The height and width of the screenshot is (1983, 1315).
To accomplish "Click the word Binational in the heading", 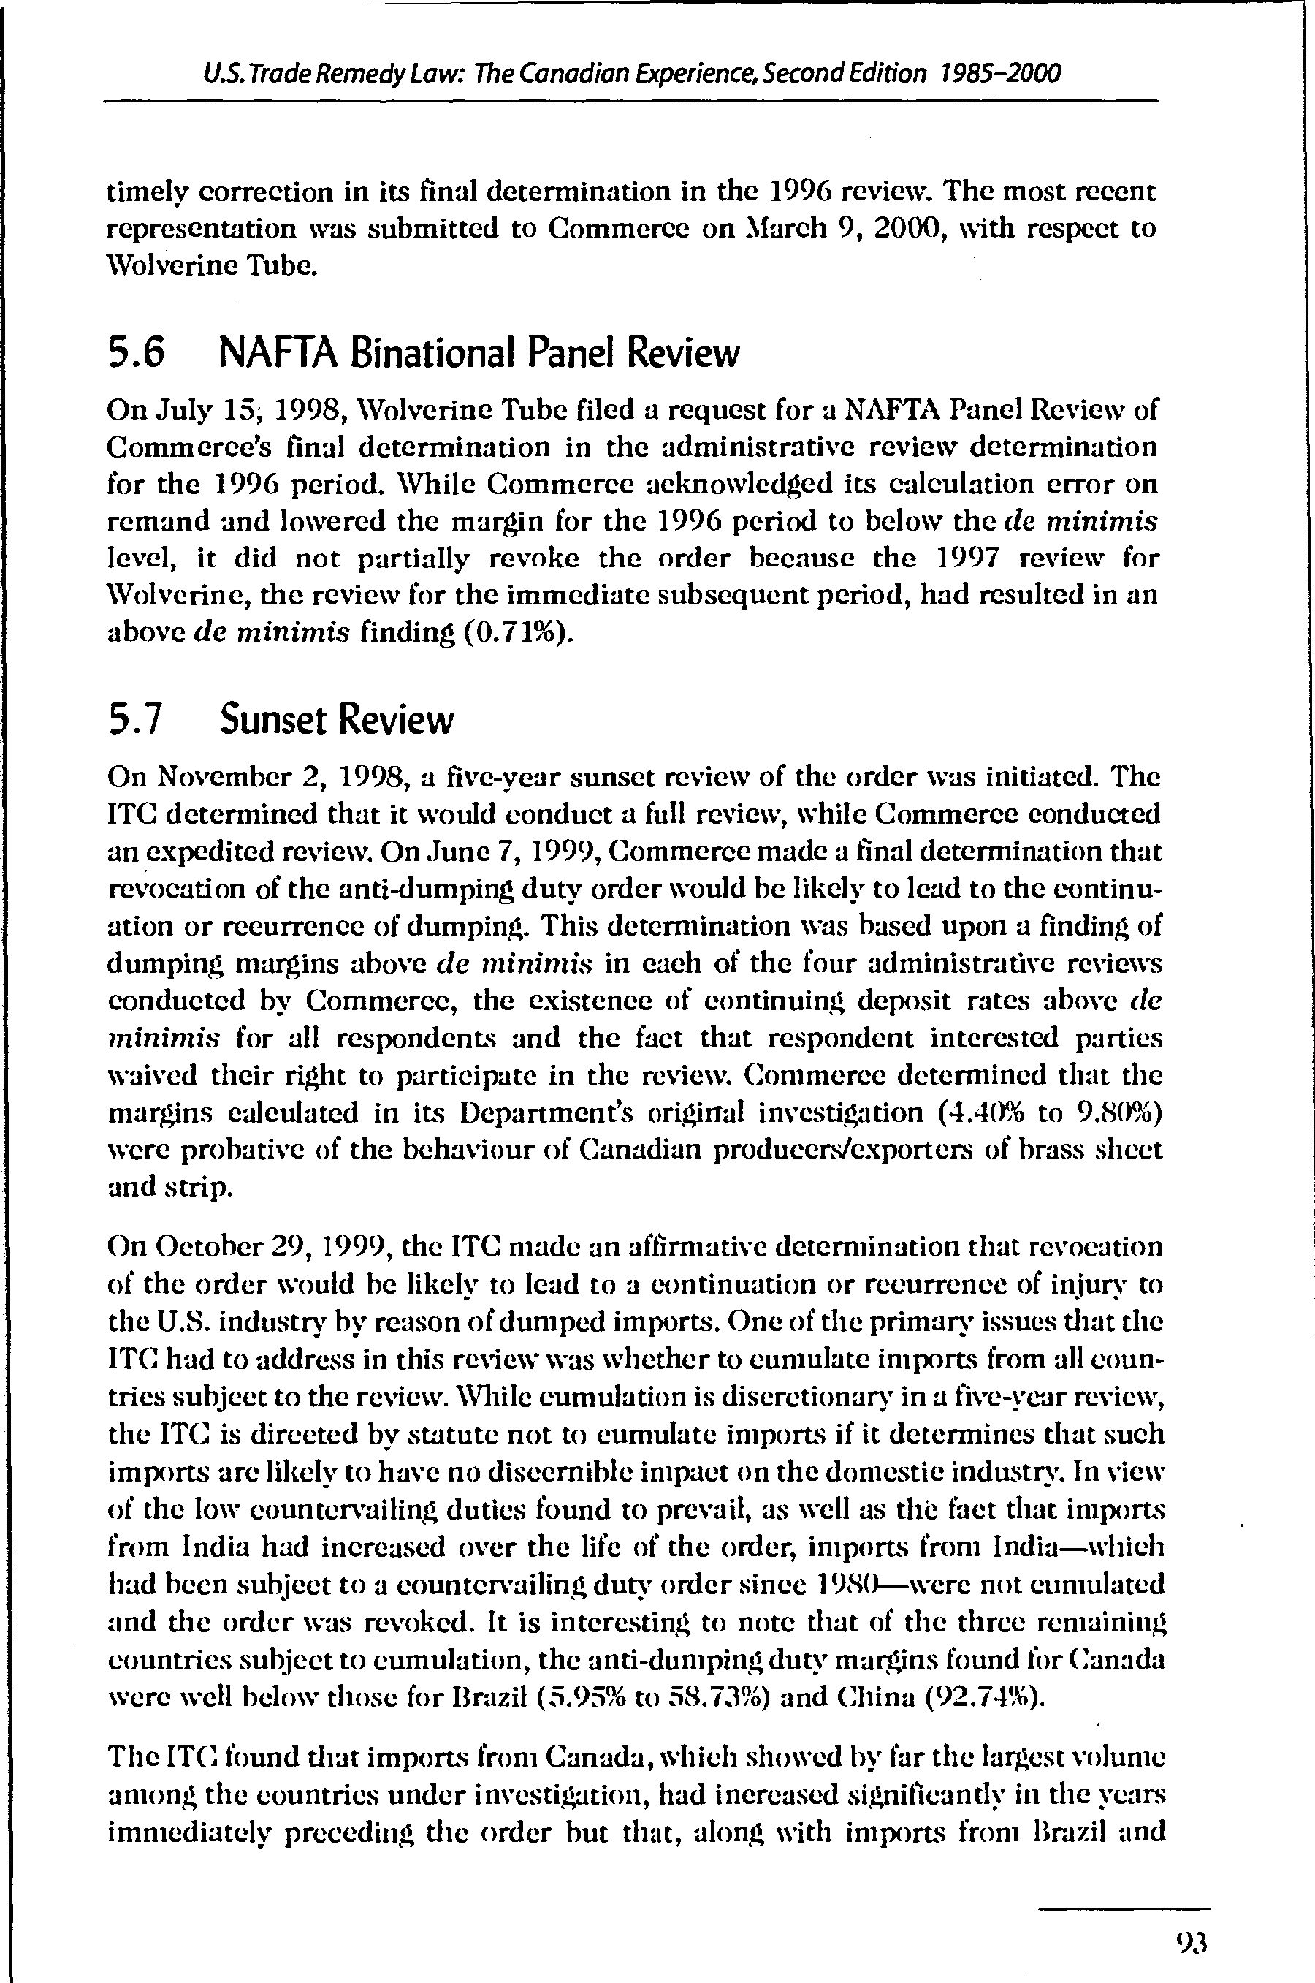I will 436,353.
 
